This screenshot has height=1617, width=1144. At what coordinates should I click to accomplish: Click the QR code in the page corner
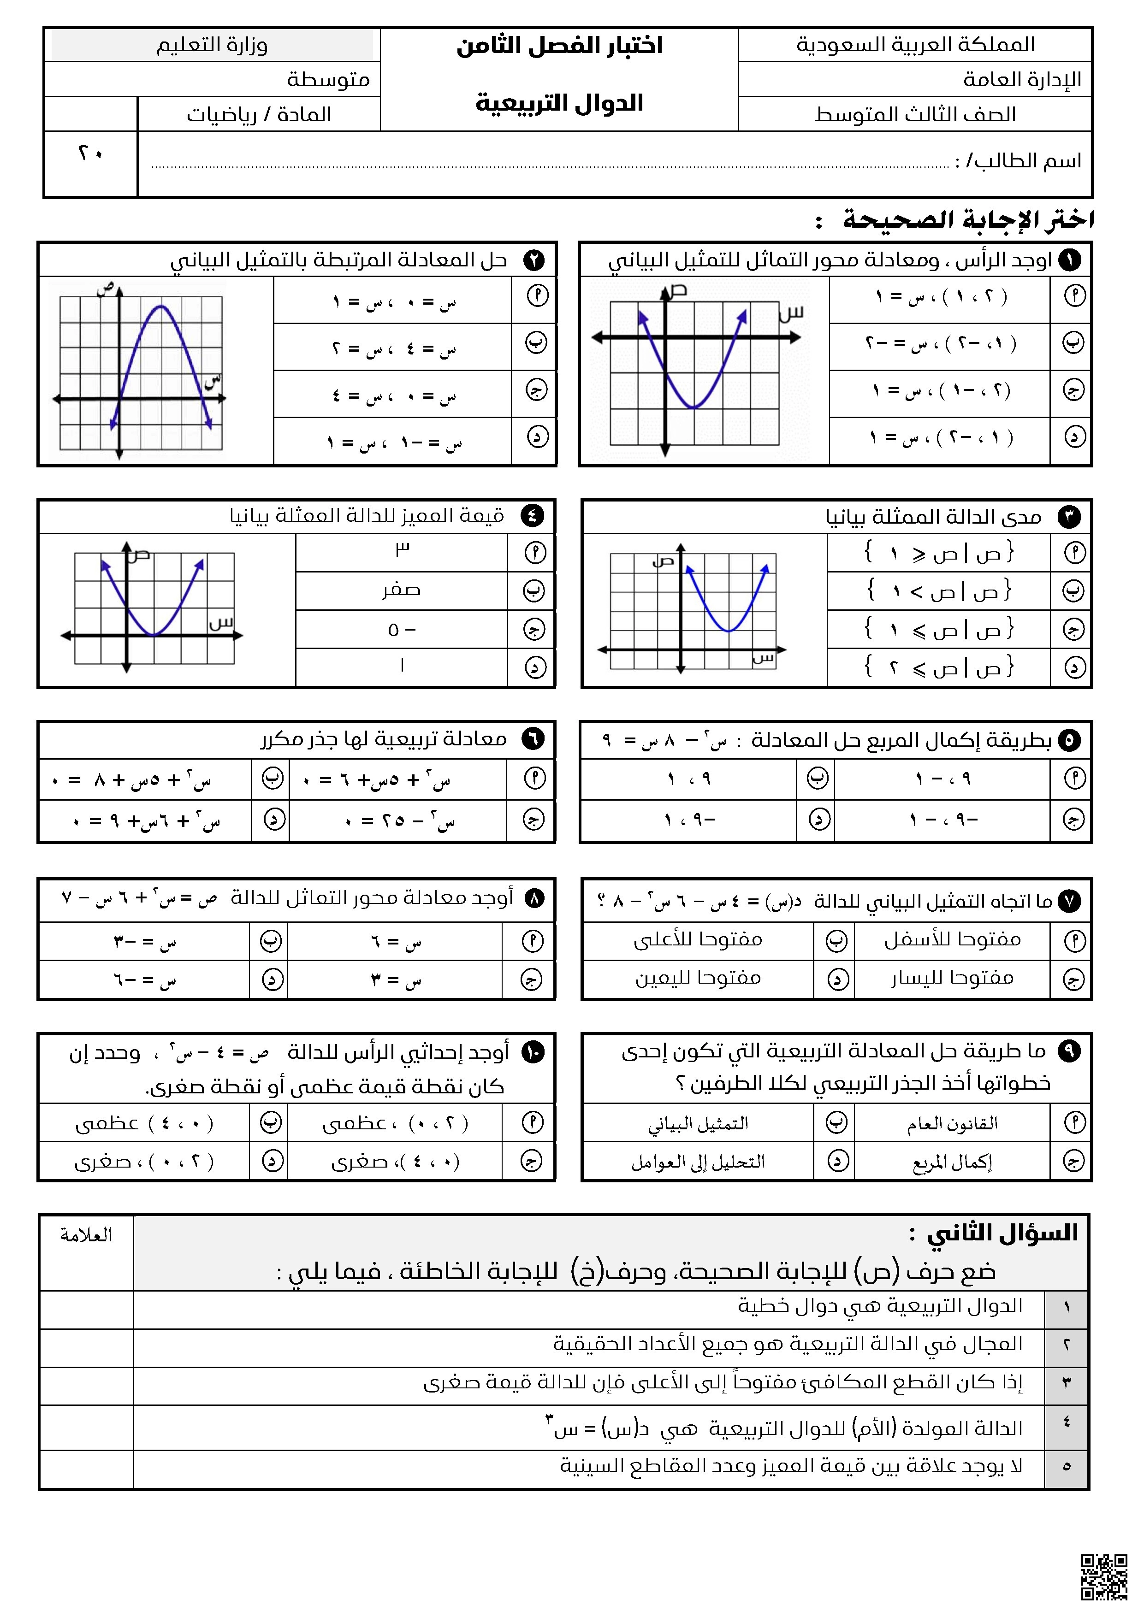tap(1104, 1577)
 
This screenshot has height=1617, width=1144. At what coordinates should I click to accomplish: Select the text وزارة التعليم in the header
tap(212, 45)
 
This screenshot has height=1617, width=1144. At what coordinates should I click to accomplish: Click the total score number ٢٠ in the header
tap(90, 153)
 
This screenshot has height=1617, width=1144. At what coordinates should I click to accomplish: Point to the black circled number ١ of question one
tap(1070, 260)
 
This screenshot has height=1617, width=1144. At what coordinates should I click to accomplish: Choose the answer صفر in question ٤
tap(402, 590)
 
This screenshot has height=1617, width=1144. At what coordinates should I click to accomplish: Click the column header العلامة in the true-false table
tap(86, 1234)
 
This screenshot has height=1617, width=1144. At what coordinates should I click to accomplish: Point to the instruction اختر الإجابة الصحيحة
tap(969, 220)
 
